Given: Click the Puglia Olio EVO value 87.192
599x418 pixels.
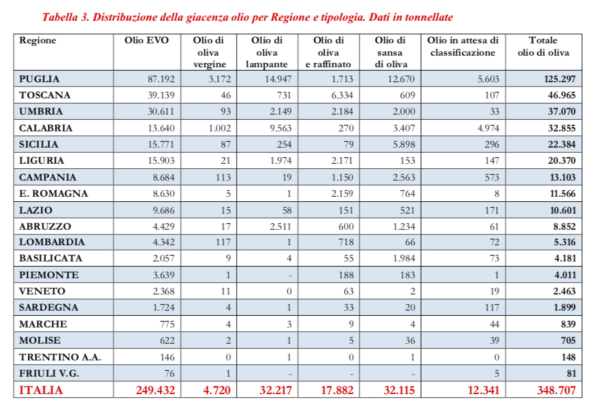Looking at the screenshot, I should (x=158, y=79).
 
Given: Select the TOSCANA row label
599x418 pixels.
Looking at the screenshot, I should (x=45, y=95).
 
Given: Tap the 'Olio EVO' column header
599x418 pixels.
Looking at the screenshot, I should (x=147, y=41).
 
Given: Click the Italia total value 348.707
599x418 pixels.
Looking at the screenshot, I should (x=554, y=390).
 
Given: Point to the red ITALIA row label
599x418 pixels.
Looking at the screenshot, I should (x=41, y=390).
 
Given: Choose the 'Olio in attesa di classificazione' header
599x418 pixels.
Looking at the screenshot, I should (x=463, y=47).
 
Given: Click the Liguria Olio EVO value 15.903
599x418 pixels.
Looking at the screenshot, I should (x=158, y=160).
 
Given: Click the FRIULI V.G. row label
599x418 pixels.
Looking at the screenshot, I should (x=50, y=373).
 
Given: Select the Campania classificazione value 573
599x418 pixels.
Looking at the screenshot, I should (x=489, y=177).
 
